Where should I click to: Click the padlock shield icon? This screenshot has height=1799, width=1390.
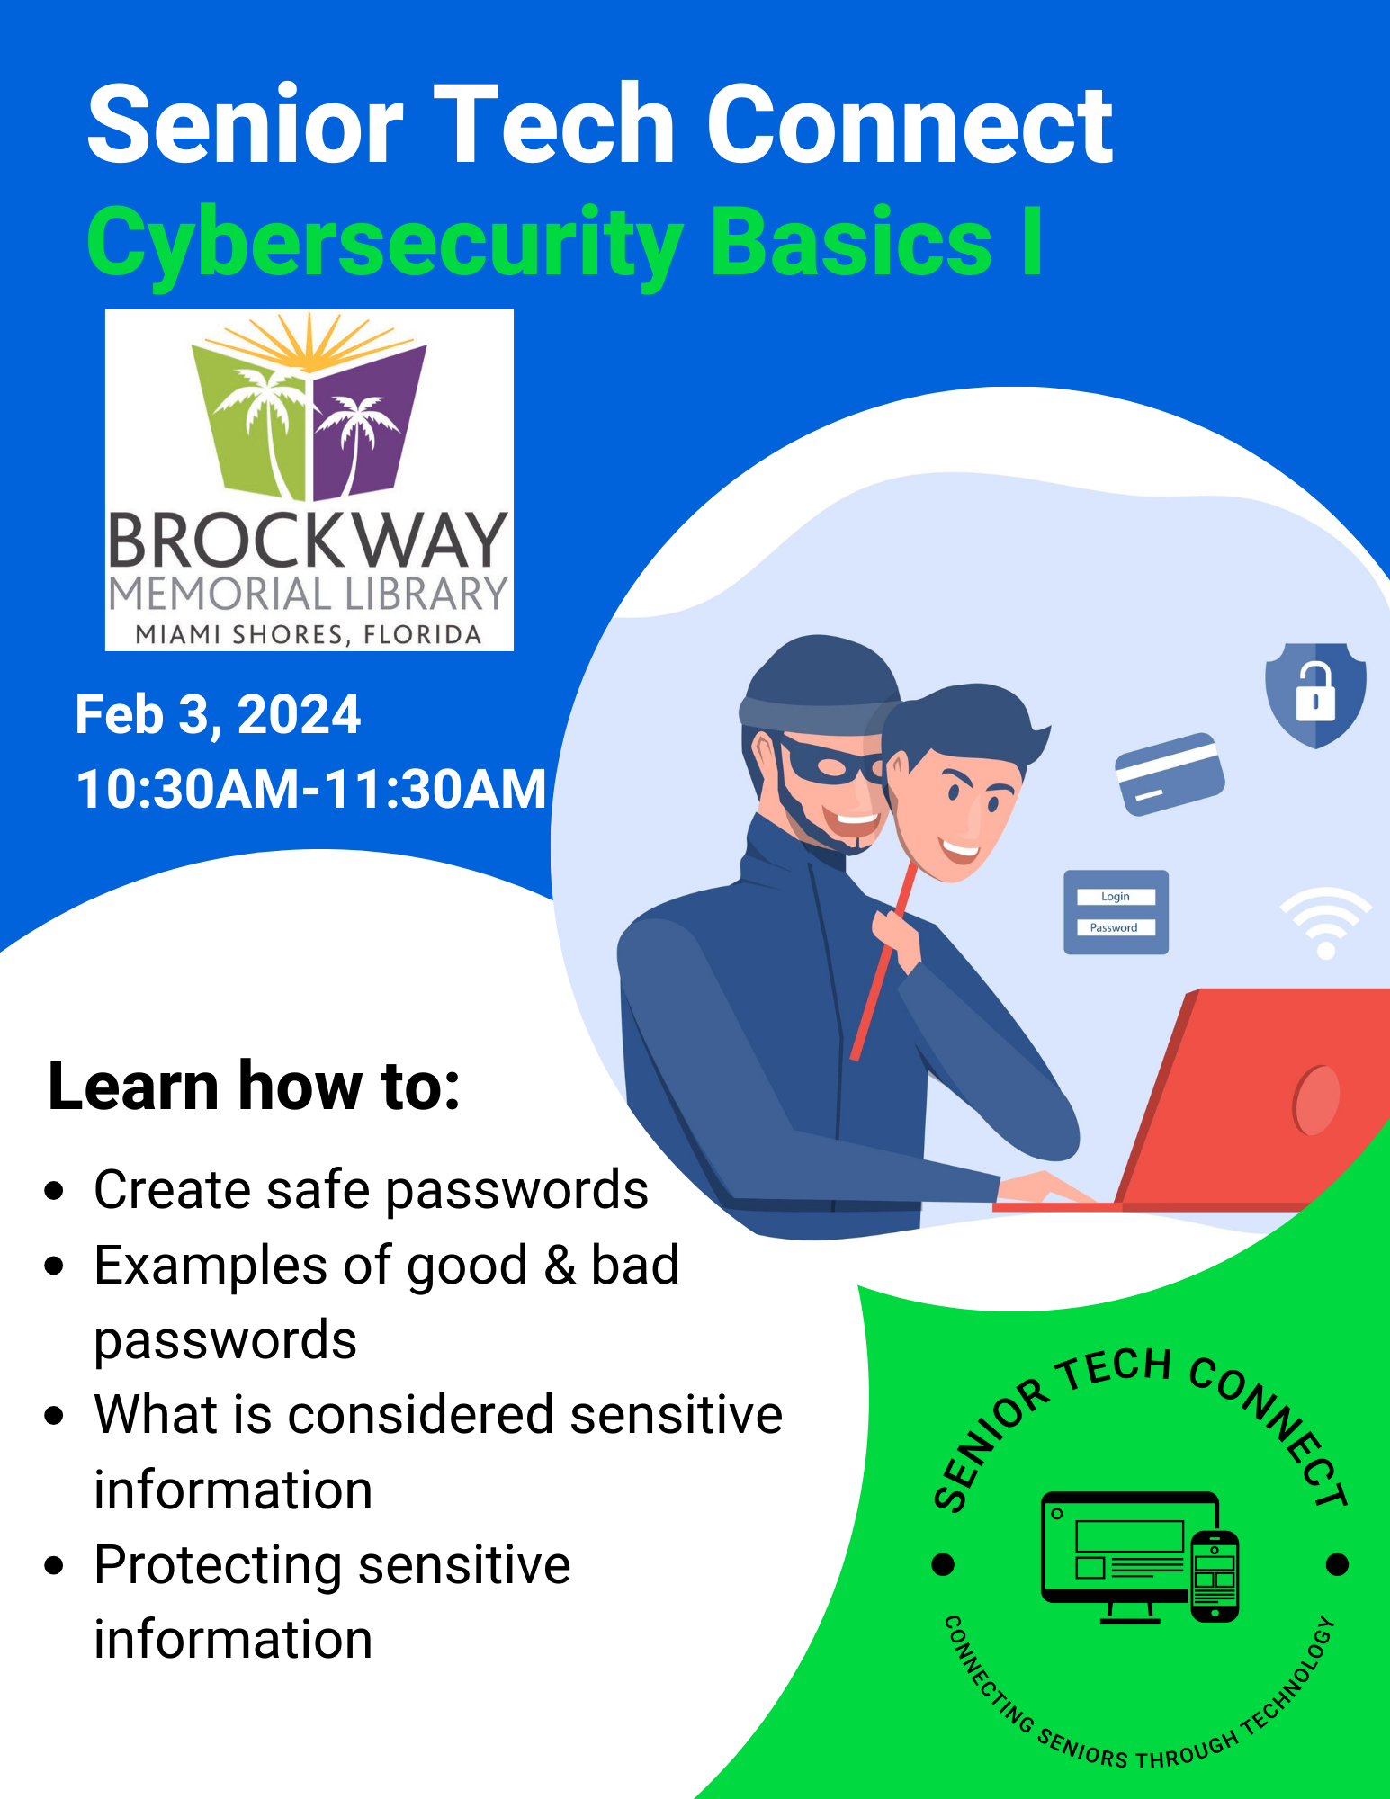(1315, 694)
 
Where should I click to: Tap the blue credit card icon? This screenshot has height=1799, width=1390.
(1170, 774)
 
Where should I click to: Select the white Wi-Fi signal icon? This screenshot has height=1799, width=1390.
(1326, 923)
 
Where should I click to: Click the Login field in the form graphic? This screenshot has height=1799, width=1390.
(1116, 897)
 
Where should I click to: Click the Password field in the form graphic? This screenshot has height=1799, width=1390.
(1116, 927)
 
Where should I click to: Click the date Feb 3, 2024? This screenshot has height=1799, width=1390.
(218, 715)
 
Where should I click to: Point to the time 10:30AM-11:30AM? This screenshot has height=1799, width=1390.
(311, 789)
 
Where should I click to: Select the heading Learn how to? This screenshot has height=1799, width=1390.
(254, 1086)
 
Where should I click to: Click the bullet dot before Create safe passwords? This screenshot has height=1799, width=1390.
(55, 1191)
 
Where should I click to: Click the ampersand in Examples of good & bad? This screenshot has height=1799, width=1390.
(560, 1266)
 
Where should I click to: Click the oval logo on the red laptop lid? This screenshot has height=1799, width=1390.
(1316, 1099)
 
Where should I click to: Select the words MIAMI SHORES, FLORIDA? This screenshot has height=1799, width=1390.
(309, 635)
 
